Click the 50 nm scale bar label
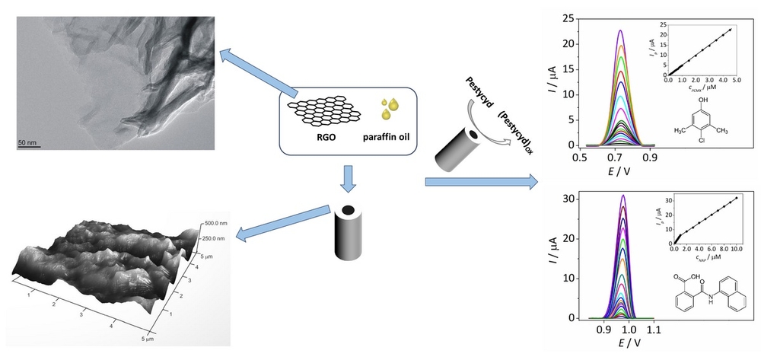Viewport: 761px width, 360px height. point(27,142)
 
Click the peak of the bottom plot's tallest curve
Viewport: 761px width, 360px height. point(624,196)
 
